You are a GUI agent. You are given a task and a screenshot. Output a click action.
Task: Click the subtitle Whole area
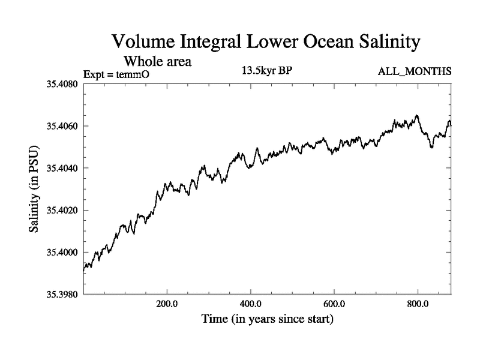pos(157,61)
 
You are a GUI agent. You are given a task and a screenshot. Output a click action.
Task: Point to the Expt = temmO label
pos(119,73)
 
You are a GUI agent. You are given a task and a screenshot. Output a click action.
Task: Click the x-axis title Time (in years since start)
pos(266,320)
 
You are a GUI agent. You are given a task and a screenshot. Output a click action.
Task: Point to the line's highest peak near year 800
pos(416,116)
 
